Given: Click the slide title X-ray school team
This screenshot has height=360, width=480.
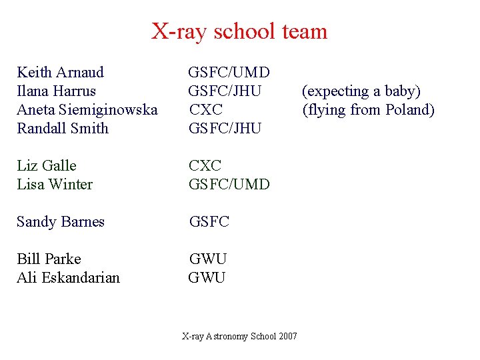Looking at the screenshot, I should [239, 31].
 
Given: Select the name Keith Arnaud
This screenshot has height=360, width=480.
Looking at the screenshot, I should [60, 72].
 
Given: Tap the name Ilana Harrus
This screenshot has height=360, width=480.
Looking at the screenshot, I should [56, 91].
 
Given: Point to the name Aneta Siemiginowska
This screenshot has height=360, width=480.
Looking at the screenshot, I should [87, 109].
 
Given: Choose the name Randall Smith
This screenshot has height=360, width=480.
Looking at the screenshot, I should [62, 128].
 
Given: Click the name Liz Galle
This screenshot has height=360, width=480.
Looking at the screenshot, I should [47, 165].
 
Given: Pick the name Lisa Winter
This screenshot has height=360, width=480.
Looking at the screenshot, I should [55, 184].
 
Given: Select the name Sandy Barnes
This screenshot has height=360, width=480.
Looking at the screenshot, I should [61, 221].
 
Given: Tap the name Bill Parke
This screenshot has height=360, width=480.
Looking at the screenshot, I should [49, 259].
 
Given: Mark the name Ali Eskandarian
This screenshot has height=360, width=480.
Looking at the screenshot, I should [68, 277].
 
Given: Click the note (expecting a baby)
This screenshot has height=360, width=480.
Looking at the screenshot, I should [361, 91].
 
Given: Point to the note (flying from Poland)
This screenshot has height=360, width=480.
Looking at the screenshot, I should [368, 109].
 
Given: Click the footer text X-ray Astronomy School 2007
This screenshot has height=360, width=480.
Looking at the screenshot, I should [239, 337].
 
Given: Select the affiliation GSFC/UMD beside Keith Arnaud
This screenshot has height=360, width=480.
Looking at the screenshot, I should [229, 72].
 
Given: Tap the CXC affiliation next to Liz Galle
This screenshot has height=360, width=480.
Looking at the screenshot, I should [205, 165].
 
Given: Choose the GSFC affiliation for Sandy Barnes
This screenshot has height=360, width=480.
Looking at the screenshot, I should [209, 221].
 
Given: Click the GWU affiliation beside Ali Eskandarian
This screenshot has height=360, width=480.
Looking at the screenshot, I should [207, 277].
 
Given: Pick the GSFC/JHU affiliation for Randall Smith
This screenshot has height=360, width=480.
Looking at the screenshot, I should [225, 128].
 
